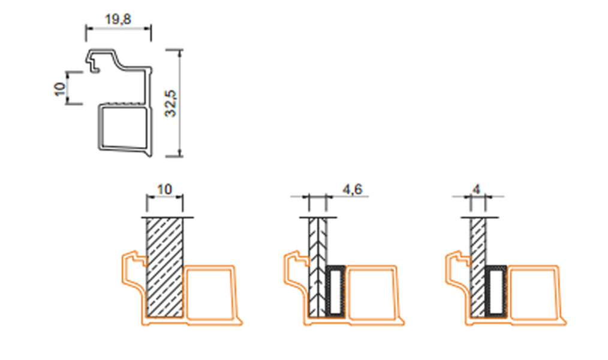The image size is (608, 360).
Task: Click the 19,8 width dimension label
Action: point(118,19)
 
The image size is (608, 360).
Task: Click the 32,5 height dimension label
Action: point(171,104)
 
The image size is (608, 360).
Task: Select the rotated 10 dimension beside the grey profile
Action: point(60,89)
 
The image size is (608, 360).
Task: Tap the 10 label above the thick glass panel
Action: point(164,190)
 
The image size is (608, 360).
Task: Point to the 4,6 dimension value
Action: point(352,190)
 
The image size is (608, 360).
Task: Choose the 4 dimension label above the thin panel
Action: point(477,190)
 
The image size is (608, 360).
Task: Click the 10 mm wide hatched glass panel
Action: point(164,267)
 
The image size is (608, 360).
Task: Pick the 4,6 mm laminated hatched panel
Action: point(318,267)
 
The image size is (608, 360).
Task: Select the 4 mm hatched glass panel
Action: point(478,267)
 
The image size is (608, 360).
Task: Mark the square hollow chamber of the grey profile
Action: point(124,127)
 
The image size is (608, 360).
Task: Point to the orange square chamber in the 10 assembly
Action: point(210,293)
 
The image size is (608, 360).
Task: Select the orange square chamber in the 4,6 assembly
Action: point(372,293)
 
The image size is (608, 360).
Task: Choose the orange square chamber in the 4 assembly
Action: point(534,293)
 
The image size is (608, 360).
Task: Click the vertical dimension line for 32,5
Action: point(179,103)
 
